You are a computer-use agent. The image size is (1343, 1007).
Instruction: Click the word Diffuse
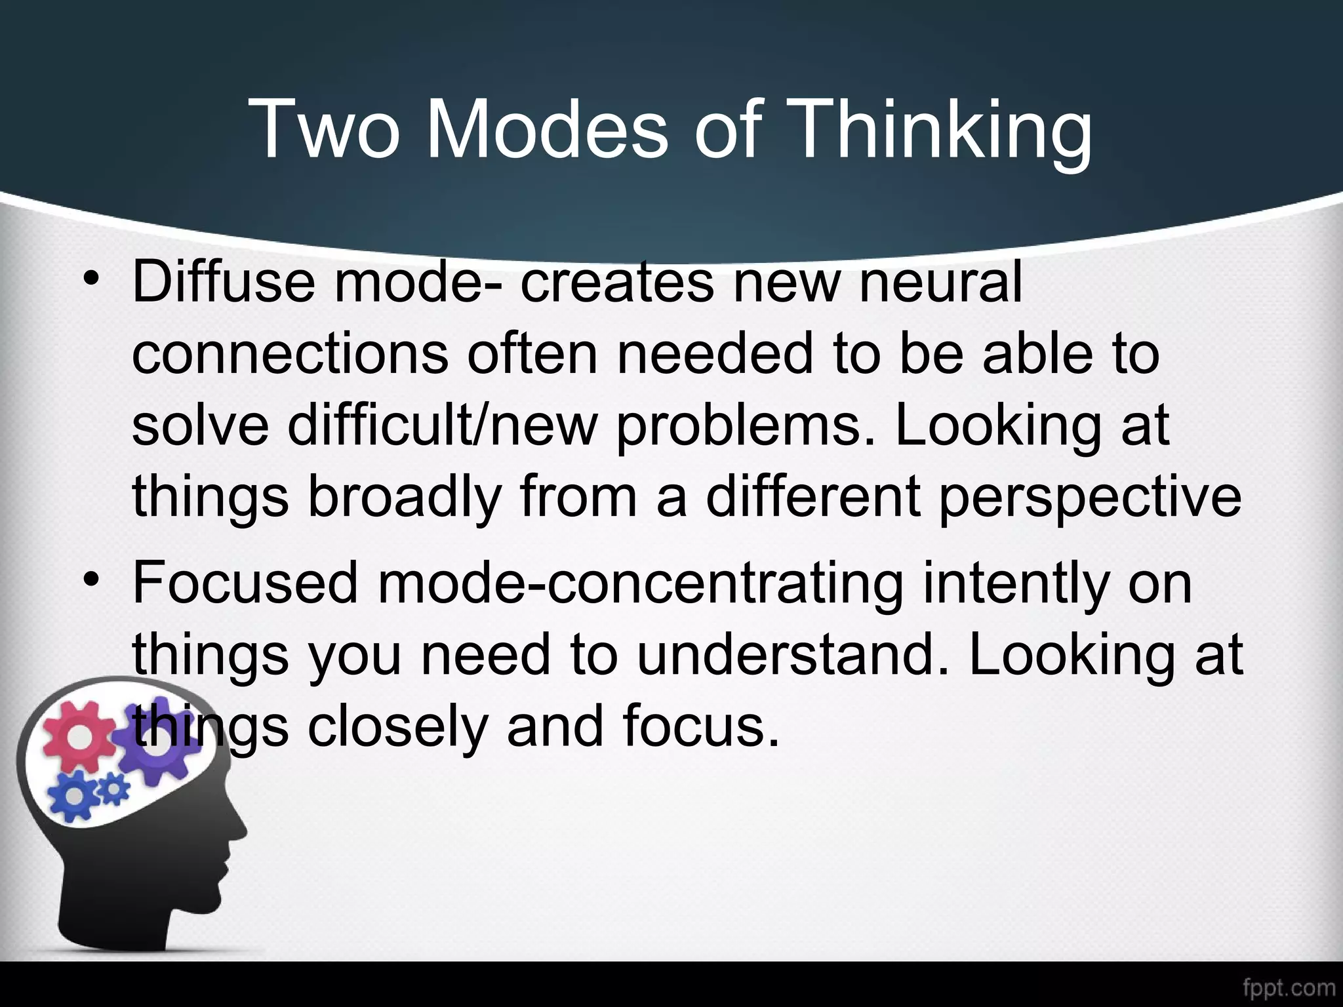(x=224, y=281)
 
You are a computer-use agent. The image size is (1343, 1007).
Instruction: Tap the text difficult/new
(x=443, y=425)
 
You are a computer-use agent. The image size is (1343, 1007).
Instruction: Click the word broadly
(x=403, y=496)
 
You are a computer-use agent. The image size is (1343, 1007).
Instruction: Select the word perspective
(x=1089, y=497)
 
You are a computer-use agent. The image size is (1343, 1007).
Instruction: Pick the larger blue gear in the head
(x=74, y=795)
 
